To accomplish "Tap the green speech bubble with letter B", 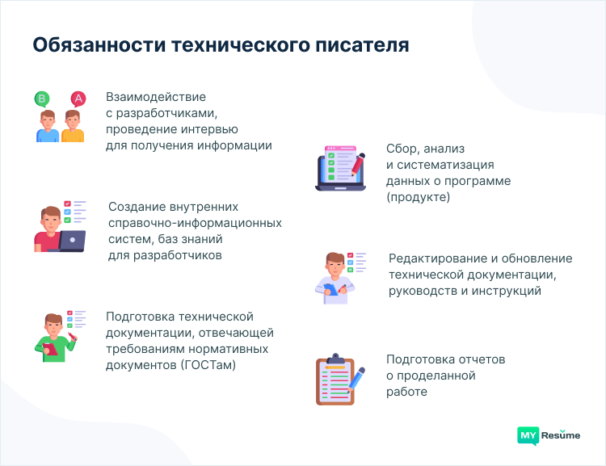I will (42, 99).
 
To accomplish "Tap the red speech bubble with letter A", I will (78, 99).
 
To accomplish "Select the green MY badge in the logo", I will (528, 435).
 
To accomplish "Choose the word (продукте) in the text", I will (418, 197).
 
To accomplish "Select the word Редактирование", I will (436, 258).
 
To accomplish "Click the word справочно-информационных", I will (195, 222).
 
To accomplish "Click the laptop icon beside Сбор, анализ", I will (339, 168).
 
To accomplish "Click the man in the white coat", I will (334, 276).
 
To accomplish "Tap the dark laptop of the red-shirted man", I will (72, 241).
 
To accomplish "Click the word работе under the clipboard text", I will (406, 392).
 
